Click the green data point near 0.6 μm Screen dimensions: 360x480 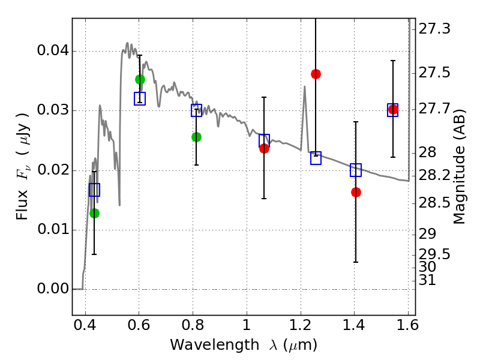(x=140, y=79)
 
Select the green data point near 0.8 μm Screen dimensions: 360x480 (x=196, y=137)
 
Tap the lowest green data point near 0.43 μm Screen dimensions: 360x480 (x=94, y=213)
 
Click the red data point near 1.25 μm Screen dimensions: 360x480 (x=316, y=74)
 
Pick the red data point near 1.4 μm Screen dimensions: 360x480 (x=356, y=192)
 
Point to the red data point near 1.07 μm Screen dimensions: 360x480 (x=264, y=148)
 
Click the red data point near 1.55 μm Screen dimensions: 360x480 (x=393, y=109)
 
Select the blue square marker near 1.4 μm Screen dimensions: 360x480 (x=356, y=170)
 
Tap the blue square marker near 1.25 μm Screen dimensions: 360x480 (x=316, y=158)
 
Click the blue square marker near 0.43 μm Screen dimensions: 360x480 (x=94, y=190)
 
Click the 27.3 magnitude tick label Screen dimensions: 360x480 (x=434, y=29)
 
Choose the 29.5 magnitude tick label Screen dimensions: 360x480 (x=434, y=254)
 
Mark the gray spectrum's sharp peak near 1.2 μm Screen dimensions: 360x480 (x=305, y=86)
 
